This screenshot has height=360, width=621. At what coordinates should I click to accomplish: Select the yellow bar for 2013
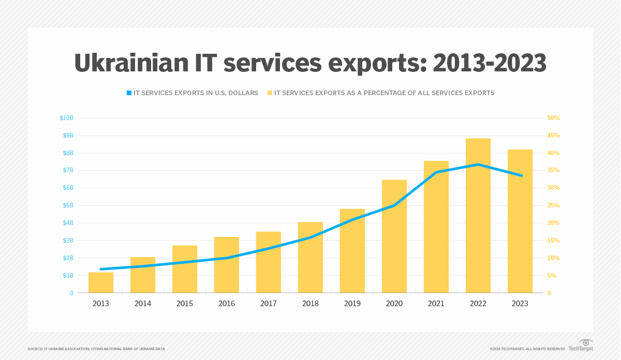pyautogui.click(x=101, y=283)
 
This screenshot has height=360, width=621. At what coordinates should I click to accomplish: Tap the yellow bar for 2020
pyautogui.click(x=394, y=248)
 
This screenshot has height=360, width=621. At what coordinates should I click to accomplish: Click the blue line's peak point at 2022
pyautogui.click(x=478, y=164)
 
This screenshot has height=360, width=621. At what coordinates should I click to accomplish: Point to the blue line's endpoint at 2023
pyautogui.click(x=521, y=175)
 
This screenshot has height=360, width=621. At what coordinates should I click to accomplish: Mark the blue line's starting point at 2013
pyautogui.click(x=101, y=269)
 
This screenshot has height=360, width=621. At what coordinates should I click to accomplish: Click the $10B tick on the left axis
pyautogui.click(x=67, y=118)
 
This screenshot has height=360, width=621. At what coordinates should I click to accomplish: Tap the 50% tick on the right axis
pyautogui.click(x=553, y=118)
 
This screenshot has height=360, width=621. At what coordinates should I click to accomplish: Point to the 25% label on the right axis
pyautogui.click(x=553, y=205)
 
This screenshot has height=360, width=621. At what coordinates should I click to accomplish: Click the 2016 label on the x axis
pyautogui.click(x=227, y=304)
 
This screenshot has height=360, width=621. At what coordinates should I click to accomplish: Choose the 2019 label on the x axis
pyautogui.click(x=352, y=304)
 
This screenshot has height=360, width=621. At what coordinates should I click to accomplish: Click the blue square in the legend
pyautogui.click(x=129, y=93)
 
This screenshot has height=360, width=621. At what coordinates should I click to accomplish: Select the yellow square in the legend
pyautogui.click(x=270, y=93)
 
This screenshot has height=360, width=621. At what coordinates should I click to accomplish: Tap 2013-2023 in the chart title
pyautogui.click(x=489, y=63)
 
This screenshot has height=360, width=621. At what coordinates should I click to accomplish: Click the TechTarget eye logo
pyautogui.click(x=586, y=343)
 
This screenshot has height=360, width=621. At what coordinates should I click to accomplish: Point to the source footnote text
pyautogui.click(x=96, y=349)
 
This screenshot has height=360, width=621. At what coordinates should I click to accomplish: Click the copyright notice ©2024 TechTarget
pyautogui.click(x=527, y=349)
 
